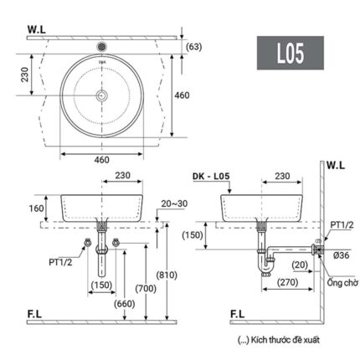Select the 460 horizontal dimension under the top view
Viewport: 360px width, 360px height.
[x=101, y=159]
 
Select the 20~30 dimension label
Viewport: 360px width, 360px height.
[x=175, y=203]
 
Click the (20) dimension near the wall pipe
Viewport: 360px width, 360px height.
[x=299, y=265]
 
